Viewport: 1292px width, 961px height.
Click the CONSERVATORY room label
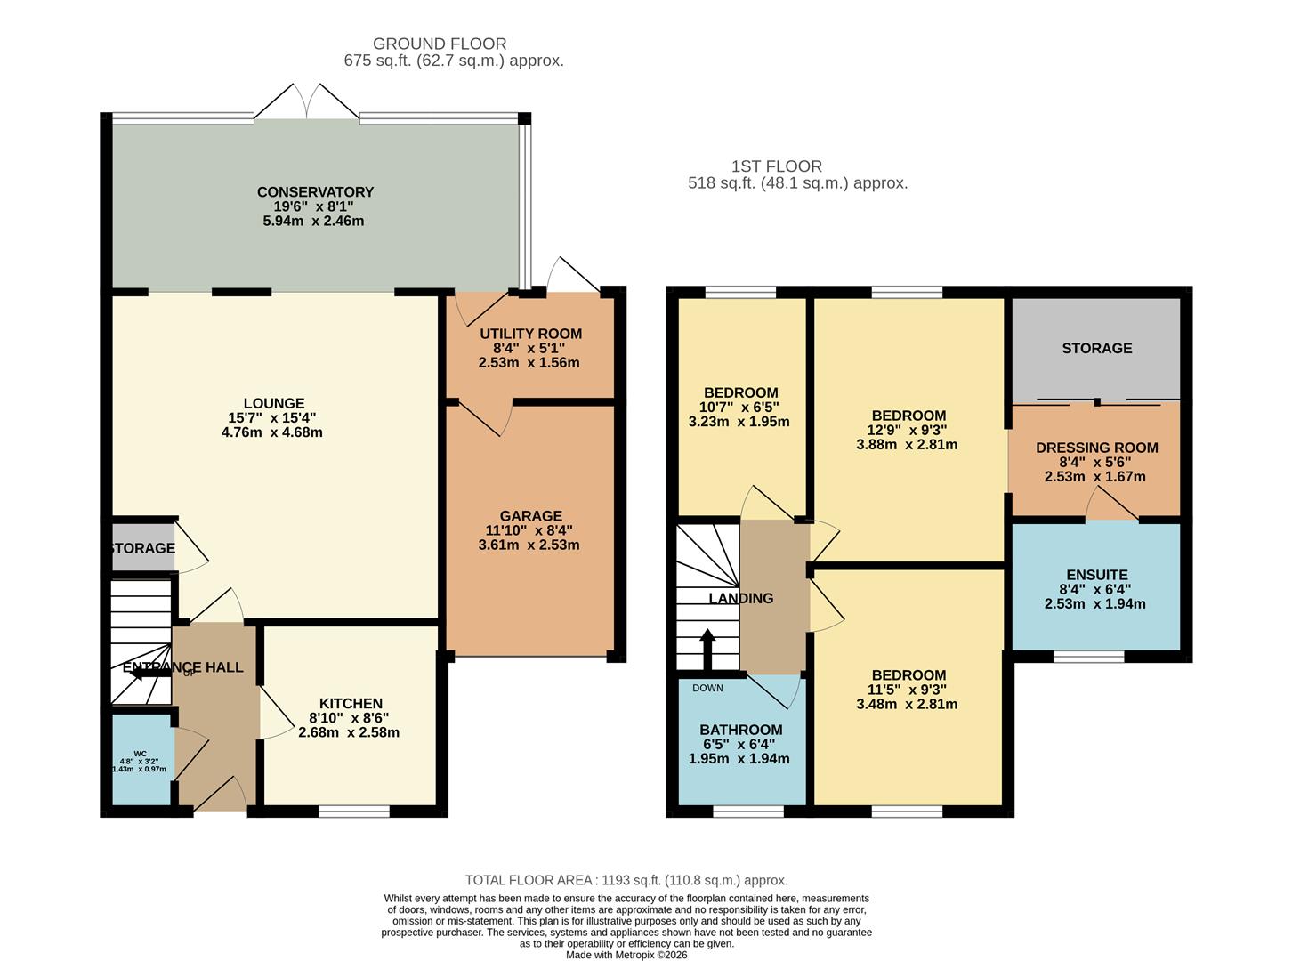(x=315, y=192)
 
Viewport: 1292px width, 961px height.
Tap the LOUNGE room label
(x=274, y=404)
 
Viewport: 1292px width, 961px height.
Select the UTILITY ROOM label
(x=530, y=335)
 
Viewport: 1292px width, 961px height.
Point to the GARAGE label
(x=530, y=516)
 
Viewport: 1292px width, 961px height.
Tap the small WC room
(x=140, y=761)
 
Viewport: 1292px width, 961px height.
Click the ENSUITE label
(x=1096, y=576)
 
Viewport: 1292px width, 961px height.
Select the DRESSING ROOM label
(x=1096, y=448)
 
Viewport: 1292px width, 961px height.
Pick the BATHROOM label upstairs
(x=740, y=731)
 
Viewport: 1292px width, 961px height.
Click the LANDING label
(x=740, y=599)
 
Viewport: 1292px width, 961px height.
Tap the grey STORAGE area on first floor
(x=1096, y=349)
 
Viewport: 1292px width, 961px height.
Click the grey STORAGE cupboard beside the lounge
(x=141, y=549)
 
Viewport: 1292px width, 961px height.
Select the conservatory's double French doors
(x=307, y=102)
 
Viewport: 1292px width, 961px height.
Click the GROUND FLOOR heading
(x=440, y=44)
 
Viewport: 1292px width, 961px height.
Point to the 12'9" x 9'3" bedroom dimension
(x=908, y=431)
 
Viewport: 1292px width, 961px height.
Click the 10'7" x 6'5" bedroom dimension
(x=740, y=408)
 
